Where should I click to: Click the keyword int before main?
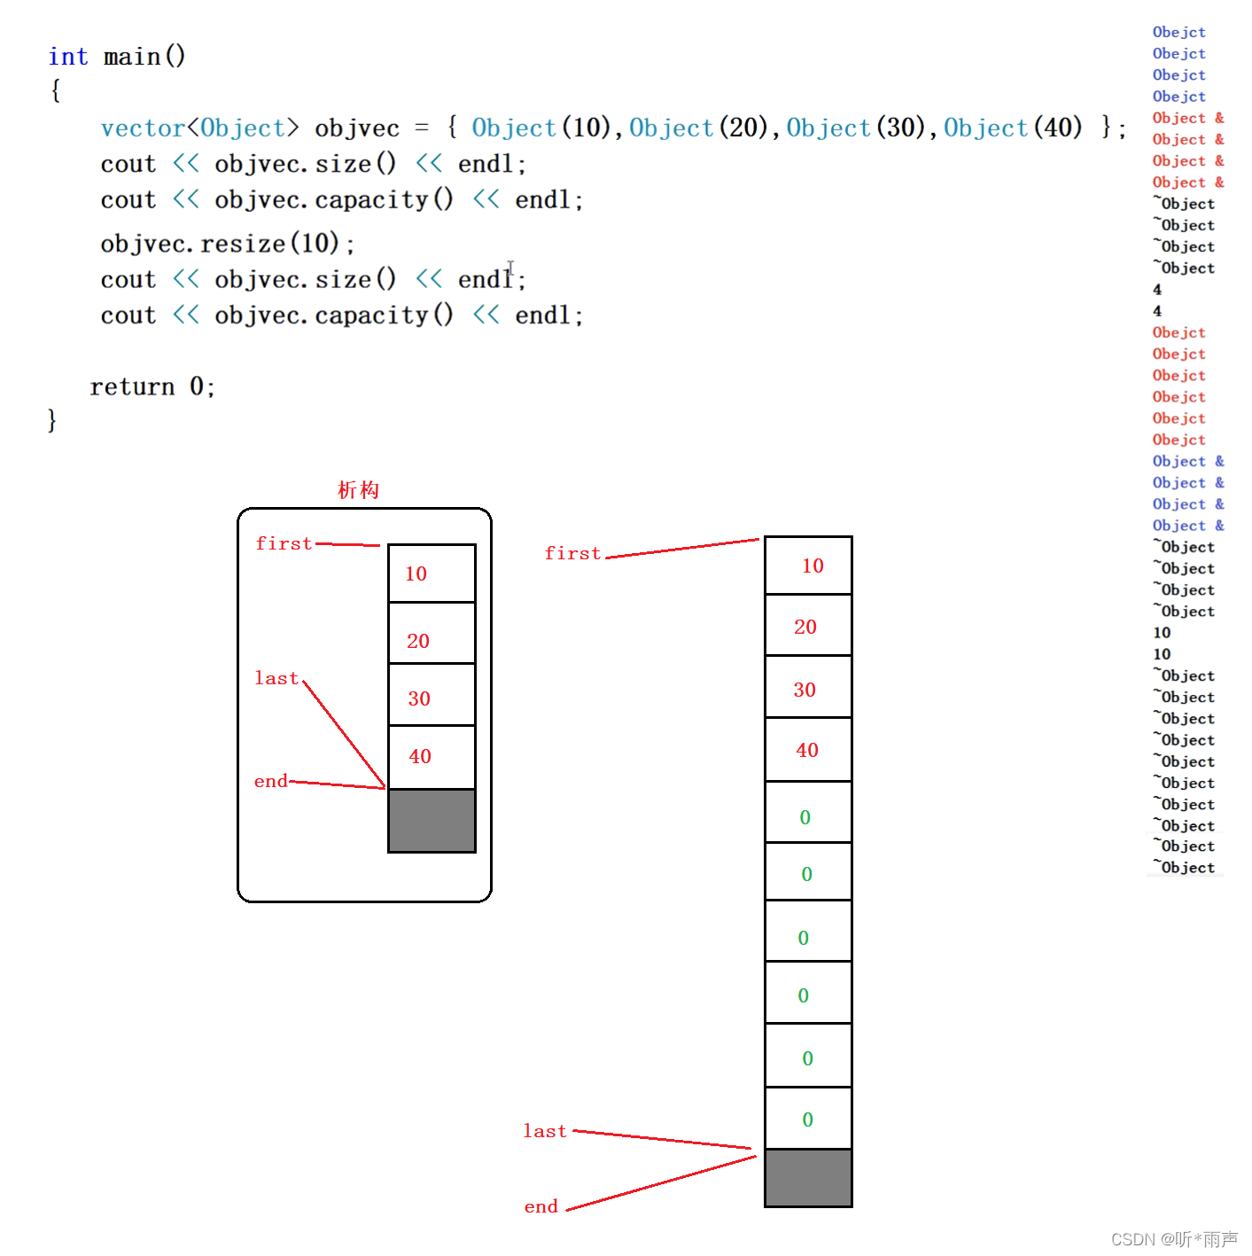[67, 57]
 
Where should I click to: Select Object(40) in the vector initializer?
[1013, 128]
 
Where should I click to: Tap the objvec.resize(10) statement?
[227, 243]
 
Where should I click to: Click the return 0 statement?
[152, 386]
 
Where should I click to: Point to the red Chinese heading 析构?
[358, 490]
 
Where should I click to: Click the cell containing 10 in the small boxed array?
[432, 573]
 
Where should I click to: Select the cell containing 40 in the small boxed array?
[432, 757]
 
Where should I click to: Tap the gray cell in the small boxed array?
[432, 821]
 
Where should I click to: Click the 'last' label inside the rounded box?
[276, 678]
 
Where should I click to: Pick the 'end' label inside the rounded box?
[270, 781]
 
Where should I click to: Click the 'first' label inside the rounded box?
[284, 543]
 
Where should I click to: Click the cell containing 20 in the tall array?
[807, 626]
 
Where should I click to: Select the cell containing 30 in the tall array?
[807, 688]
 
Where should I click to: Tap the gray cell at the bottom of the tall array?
[808, 1178]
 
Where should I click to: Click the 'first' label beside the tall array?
[572, 553]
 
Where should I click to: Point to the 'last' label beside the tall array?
[544, 1131]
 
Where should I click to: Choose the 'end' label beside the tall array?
[540, 1206]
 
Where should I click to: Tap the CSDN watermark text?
[1173, 1239]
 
